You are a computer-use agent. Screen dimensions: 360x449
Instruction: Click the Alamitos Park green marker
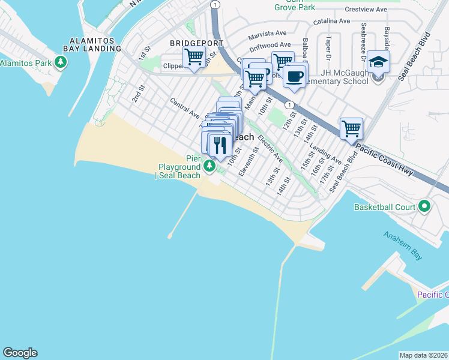click(60, 62)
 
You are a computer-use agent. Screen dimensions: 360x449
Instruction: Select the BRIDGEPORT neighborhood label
click(196, 43)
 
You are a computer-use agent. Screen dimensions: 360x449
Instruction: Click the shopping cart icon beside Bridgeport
click(194, 57)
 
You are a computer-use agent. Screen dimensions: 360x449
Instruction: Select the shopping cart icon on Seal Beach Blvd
click(351, 128)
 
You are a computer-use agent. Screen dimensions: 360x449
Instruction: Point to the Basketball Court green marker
click(425, 207)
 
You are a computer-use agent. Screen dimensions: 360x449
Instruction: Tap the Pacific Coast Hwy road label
click(384, 159)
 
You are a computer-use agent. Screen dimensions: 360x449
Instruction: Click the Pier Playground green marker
click(209, 166)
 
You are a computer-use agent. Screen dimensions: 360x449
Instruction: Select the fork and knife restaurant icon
click(220, 144)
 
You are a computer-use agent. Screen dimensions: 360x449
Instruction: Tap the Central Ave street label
click(184, 108)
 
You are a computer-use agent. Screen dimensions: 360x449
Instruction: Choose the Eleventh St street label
click(248, 161)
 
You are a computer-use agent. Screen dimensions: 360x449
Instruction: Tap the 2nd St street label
click(139, 93)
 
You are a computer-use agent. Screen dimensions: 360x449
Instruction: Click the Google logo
click(20, 353)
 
